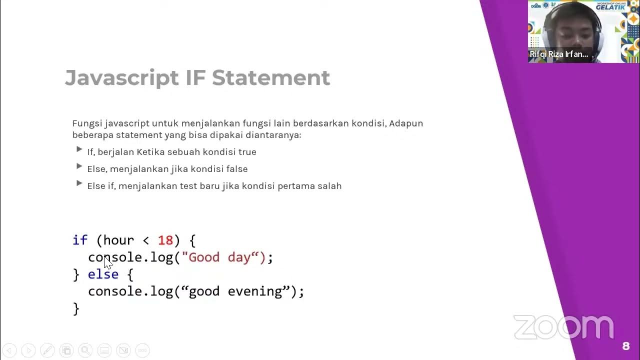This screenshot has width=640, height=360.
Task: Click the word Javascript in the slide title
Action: [121, 78]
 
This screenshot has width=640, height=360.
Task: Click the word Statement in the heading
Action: [270, 78]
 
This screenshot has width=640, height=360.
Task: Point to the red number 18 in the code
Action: [165, 240]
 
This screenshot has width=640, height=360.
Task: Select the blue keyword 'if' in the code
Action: [80, 240]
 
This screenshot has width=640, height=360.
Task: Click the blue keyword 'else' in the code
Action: [103, 274]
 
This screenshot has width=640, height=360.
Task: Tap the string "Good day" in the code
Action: [223, 257]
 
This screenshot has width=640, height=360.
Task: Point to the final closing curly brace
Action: [76, 308]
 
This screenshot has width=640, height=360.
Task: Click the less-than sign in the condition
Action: [146, 240]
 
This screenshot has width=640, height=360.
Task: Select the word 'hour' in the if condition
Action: [118, 240]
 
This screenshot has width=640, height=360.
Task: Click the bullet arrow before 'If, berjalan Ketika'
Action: [79, 149]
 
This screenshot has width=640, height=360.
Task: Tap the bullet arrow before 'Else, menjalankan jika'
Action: [79, 166]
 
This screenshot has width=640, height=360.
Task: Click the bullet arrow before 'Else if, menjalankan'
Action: [79, 183]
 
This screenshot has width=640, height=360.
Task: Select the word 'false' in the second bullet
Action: [236, 169]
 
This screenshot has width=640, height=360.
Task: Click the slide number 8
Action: [625, 346]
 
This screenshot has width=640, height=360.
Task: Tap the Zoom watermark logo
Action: [563, 327]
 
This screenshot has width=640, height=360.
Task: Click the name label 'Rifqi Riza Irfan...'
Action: [559, 54]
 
